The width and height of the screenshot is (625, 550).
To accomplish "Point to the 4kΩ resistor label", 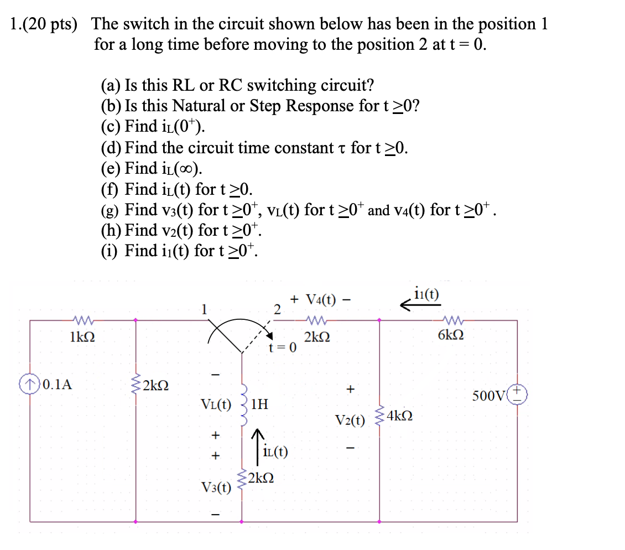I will (399, 415).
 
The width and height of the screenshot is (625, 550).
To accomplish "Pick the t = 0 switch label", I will (283, 347).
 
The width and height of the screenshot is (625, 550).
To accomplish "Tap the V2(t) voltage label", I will (350, 421).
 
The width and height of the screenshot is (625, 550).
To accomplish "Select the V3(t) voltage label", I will (216, 487).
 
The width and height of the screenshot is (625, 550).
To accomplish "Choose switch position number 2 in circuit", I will (278, 308).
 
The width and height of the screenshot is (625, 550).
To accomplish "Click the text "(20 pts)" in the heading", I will (53, 24).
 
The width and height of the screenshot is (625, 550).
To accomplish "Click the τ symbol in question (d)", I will (340, 148).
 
